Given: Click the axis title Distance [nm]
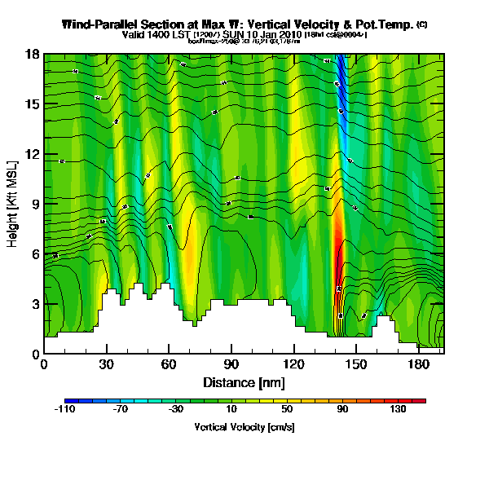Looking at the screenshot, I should (x=244, y=382).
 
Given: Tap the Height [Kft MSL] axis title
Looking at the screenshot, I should (x=13, y=204).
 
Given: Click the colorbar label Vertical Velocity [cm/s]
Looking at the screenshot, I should (x=244, y=427).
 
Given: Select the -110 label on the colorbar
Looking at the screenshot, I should (x=65, y=410).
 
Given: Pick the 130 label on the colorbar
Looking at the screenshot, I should (x=398, y=410).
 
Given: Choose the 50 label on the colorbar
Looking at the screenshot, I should (x=287, y=410).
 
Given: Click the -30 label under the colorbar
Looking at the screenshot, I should (x=176, y=410).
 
